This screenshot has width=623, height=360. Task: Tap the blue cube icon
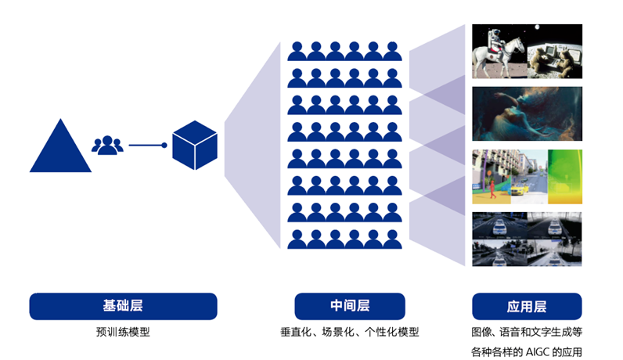pos(194,146)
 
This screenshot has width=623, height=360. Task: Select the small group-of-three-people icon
pos(108,145)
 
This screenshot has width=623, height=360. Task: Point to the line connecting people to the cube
pos(147,146)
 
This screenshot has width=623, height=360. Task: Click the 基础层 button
pos(123,306)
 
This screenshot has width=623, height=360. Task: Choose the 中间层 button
pos(349,306)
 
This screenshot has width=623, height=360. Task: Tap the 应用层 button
pos(527,306)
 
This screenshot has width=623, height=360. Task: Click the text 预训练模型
pos(123,332)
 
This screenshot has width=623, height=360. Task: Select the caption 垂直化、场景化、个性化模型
pos(349,332)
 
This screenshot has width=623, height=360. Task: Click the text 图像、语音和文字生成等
pos(527,332)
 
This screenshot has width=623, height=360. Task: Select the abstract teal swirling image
pos(527,113)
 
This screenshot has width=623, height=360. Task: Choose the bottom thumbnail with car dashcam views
pos(527,239)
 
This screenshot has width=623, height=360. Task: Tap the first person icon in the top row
pos(297,52)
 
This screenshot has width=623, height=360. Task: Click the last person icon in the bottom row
pos(391,238)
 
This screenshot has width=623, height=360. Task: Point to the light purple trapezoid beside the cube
pos(252,146)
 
